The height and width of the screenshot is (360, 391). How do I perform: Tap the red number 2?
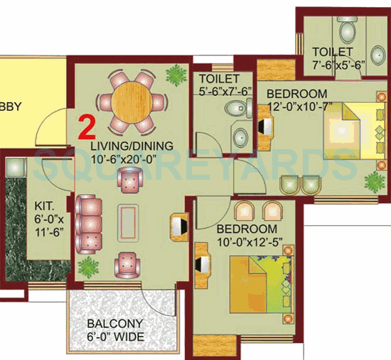point(86,127)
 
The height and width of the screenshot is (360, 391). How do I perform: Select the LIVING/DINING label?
point(132,146)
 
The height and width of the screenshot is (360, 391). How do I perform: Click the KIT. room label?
point(44,207)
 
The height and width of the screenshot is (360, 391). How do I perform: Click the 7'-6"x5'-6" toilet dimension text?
point(338,65)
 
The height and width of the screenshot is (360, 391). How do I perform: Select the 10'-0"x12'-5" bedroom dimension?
point(246,243)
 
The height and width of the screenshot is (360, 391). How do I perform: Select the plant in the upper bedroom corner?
point(374,182)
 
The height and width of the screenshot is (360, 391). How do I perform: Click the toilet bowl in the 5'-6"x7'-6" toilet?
point(232,109)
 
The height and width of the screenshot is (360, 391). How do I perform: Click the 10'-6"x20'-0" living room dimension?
point(132,159)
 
